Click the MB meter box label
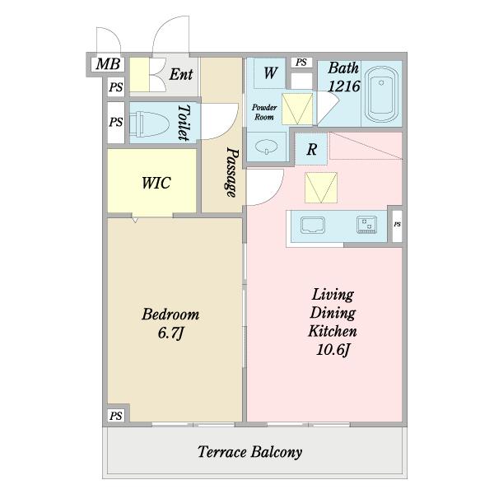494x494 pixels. [108, 64]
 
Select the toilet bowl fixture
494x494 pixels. [147, 123]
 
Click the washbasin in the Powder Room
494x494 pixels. [267, 147]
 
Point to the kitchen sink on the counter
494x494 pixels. [313, 226]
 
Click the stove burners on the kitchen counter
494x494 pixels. [366, 224]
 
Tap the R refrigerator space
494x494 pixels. [311, 149]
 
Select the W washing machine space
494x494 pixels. [270, 72]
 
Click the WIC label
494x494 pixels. [156, 183]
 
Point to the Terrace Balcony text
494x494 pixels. [249, 452]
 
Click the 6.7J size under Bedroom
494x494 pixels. [170, 333]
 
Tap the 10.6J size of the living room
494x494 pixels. [333, 350]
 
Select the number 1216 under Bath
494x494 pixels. [343, 86]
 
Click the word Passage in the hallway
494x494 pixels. [232, 172]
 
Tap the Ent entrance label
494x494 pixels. [181, 74]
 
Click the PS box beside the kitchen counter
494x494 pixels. [397, 224]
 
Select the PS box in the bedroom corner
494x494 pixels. [115, 416]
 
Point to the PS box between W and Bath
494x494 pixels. [301, 63]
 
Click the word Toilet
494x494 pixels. [184, 123]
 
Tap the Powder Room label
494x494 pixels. [264, 112]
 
